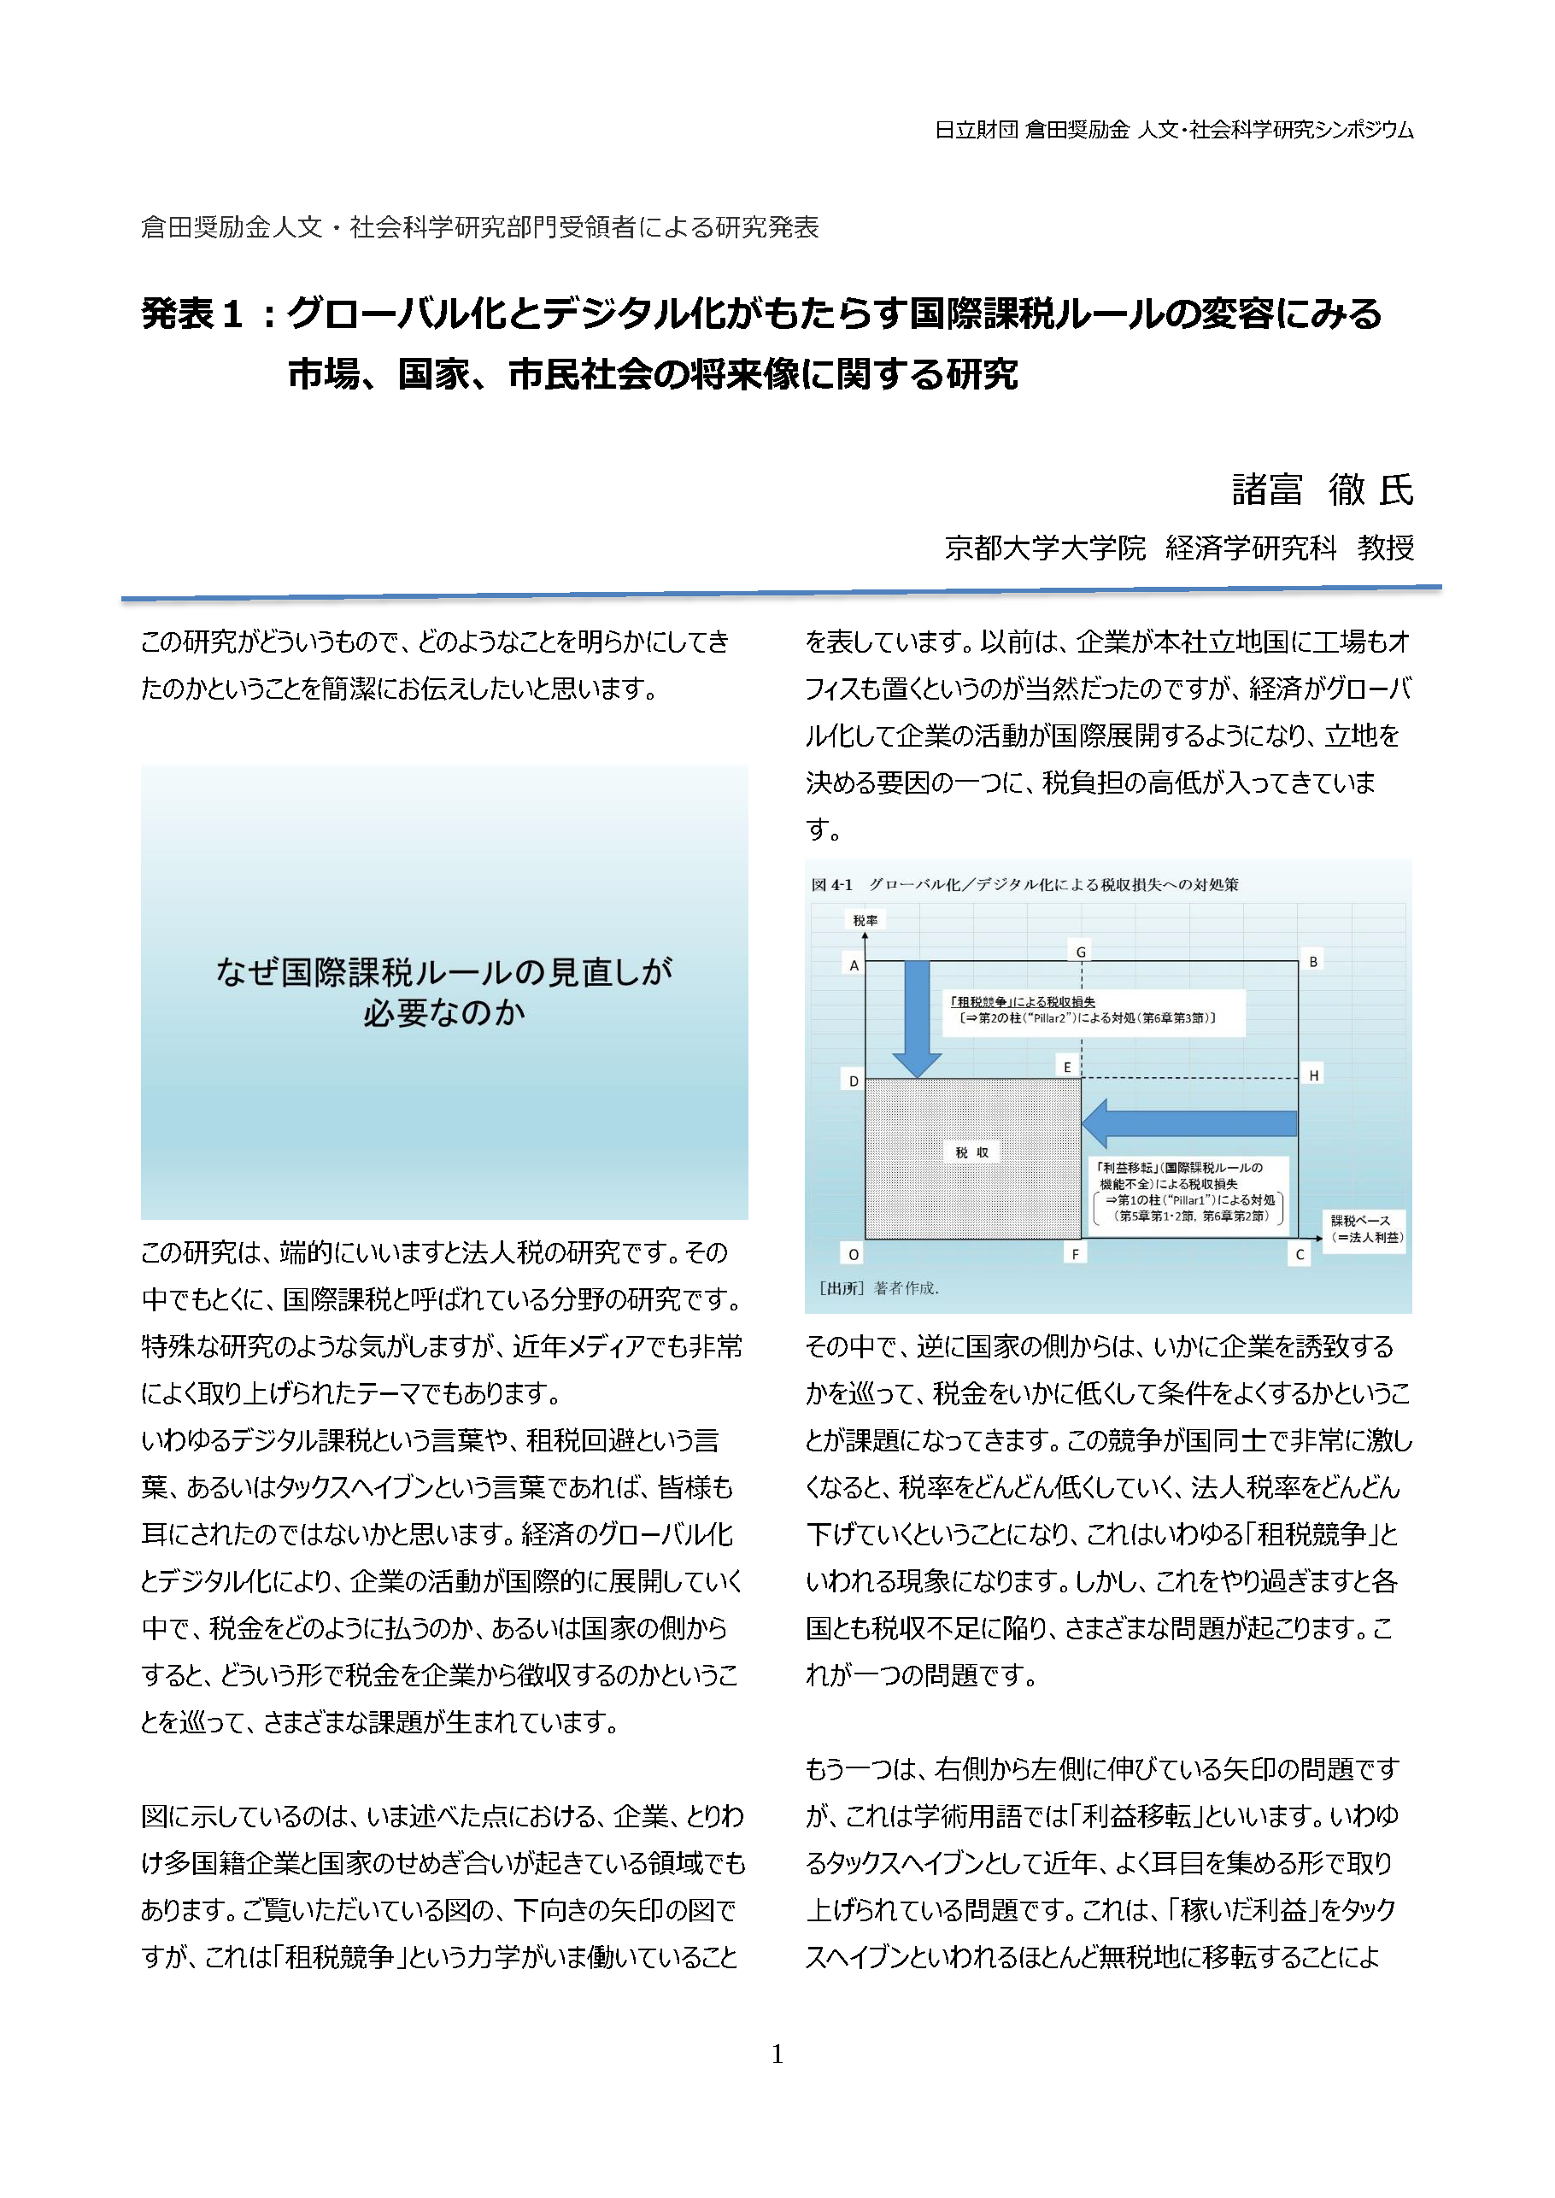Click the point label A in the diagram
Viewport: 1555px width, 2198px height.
click(x=854, y=965)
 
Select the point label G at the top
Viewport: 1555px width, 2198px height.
click(x=1081, y=951)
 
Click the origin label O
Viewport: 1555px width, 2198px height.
click(x=854, y=1254)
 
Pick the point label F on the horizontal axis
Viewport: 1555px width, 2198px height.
click(x=1076, y=1254)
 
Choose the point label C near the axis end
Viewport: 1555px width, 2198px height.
click(x=1300, y=1254)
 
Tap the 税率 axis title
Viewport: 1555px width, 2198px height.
click(x=865, y=920)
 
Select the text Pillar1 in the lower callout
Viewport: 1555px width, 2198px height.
click(x=1182, y=1199)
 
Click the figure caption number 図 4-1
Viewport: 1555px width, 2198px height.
click(x=831, y=884)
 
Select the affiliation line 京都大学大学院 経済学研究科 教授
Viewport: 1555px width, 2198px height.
click(x=1179, y=548)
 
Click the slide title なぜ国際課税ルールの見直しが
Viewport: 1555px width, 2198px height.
click(x=443, y=971)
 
